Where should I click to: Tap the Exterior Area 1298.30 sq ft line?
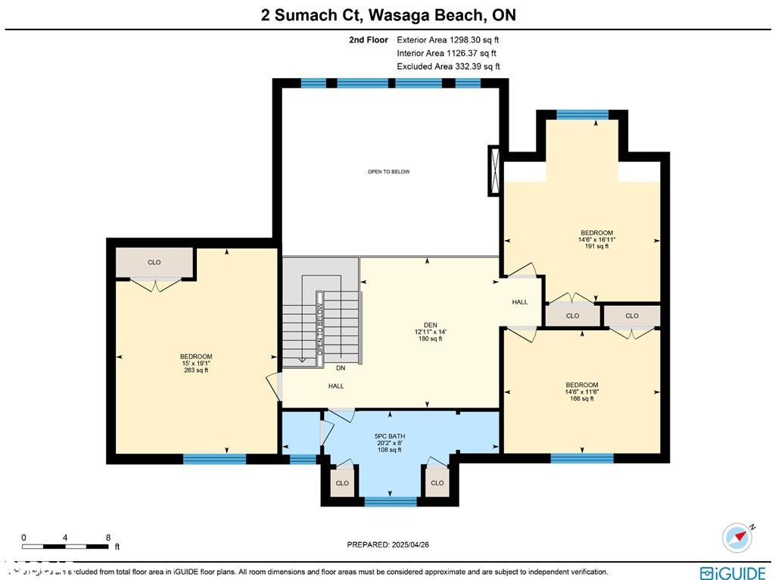(448, 39)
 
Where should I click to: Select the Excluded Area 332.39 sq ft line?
(448, 67)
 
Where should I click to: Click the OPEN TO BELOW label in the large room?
(388, 172)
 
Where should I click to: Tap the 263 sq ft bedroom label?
(195, 363)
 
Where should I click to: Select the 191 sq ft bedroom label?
(596, 239)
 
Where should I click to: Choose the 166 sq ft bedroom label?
(581, 391)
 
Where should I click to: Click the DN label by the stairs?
(341, 368)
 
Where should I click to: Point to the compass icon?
(737, 537)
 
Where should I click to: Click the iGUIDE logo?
(732, 572)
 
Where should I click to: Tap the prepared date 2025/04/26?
(387, 544)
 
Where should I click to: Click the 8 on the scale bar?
(108, 537)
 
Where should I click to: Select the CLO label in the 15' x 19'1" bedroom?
(154, 263)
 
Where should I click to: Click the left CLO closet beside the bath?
(342, 483)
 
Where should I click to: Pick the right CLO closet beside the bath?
(437, 483)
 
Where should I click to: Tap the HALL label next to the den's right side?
(520, 302)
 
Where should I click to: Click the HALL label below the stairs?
(336, 386)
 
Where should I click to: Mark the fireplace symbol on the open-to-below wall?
(494, 170)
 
